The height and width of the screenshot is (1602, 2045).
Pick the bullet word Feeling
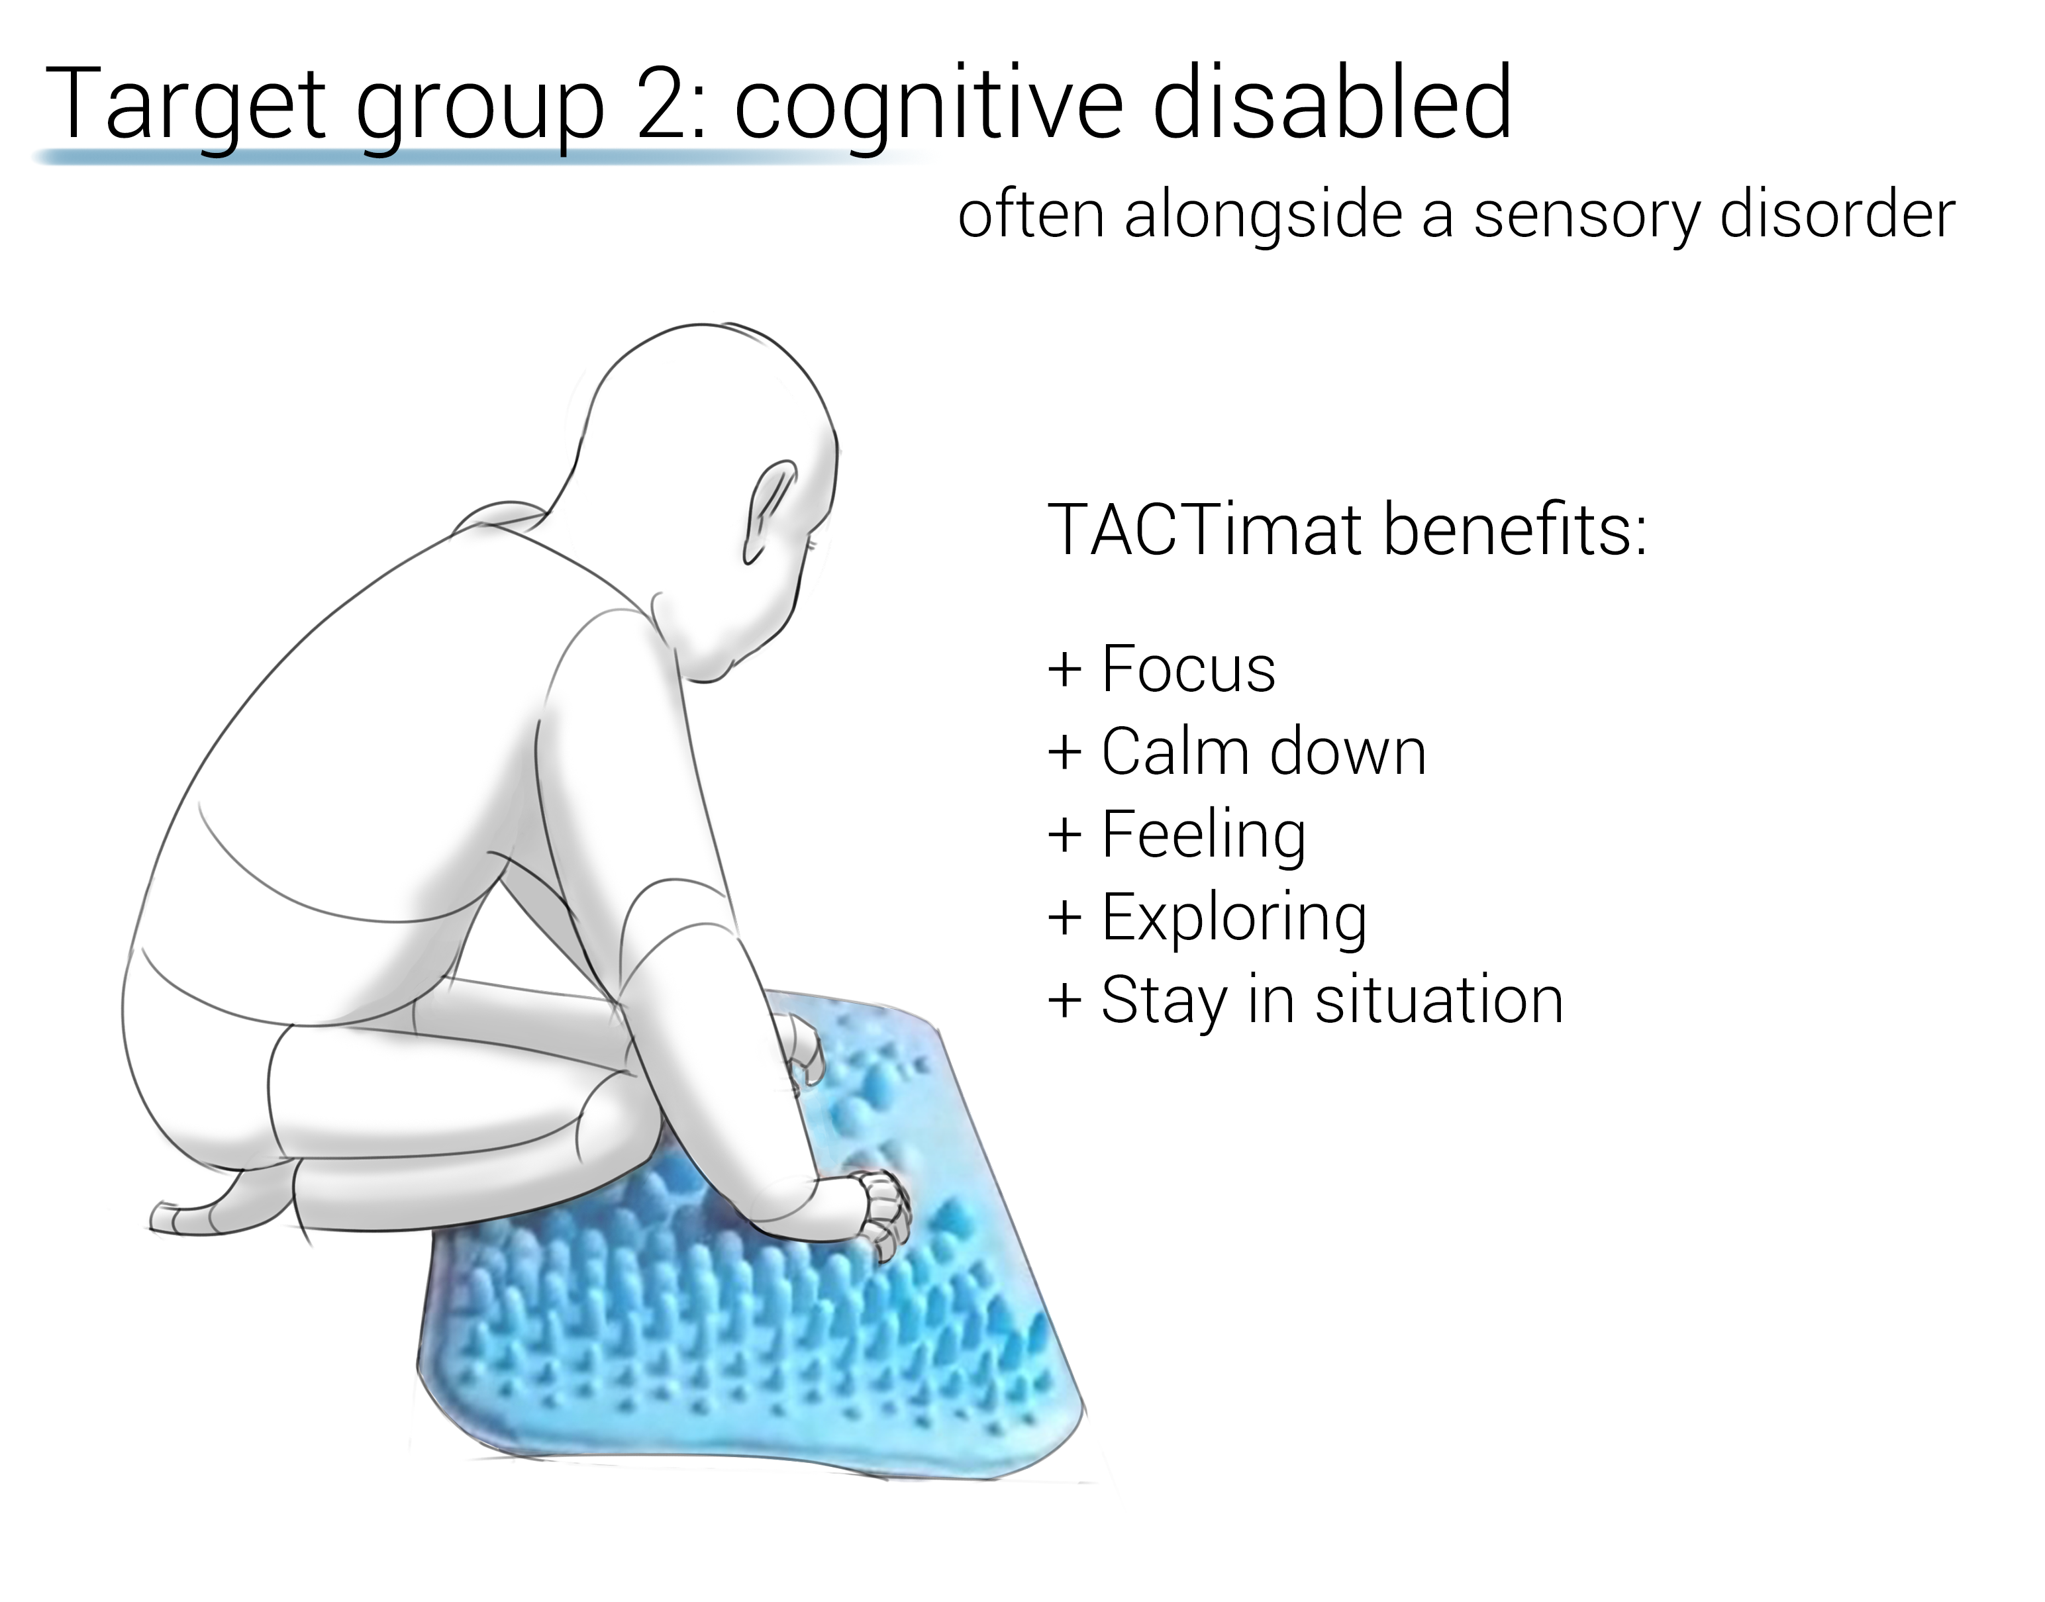point(1203,835)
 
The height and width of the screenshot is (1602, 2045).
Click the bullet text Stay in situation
point(1332,1002)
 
